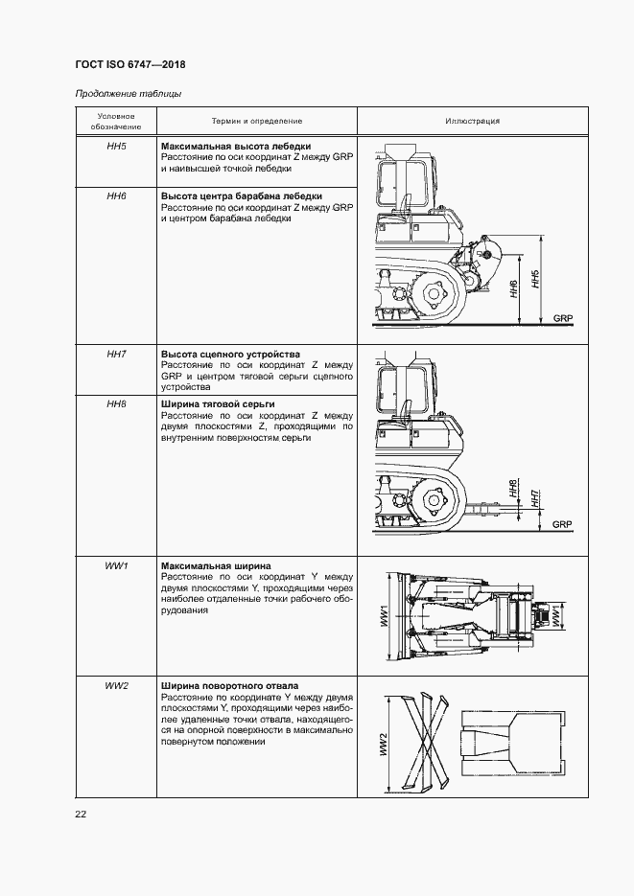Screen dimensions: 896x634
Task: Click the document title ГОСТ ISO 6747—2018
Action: tap(129, 65)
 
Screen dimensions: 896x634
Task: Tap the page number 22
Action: tap(81, 814)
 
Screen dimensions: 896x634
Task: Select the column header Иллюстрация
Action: tap(472, 122)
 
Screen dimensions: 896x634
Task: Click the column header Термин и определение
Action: tap(256, 122)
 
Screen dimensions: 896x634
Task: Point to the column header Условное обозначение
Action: tap(116, 122)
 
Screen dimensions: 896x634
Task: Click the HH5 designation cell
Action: tap(116, 147)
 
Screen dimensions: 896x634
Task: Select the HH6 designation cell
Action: tap(116, 195)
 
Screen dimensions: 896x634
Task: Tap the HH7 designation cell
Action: tap(116, 355)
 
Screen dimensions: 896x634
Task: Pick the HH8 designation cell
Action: tap(116, 404)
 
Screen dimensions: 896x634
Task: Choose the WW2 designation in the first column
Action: tap(116, 686)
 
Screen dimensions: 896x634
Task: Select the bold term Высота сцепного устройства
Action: tap(230, 355)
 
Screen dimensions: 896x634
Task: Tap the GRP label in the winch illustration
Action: tap(563, 317)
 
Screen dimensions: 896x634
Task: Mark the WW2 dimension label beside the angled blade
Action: tap(382, 745)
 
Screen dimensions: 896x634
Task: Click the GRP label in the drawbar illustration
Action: tap(562, 524)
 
